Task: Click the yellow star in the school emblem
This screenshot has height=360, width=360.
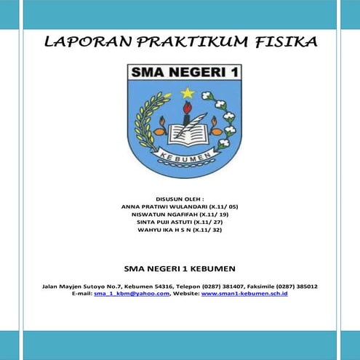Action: [187, 93]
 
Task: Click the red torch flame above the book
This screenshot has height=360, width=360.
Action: [188, 108]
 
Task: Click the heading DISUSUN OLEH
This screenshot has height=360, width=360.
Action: [180, 198]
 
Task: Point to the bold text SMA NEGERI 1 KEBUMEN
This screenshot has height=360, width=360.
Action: [180, 266]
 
